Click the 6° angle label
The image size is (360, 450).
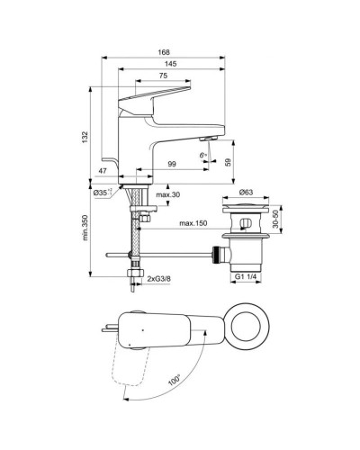pos(203,157)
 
